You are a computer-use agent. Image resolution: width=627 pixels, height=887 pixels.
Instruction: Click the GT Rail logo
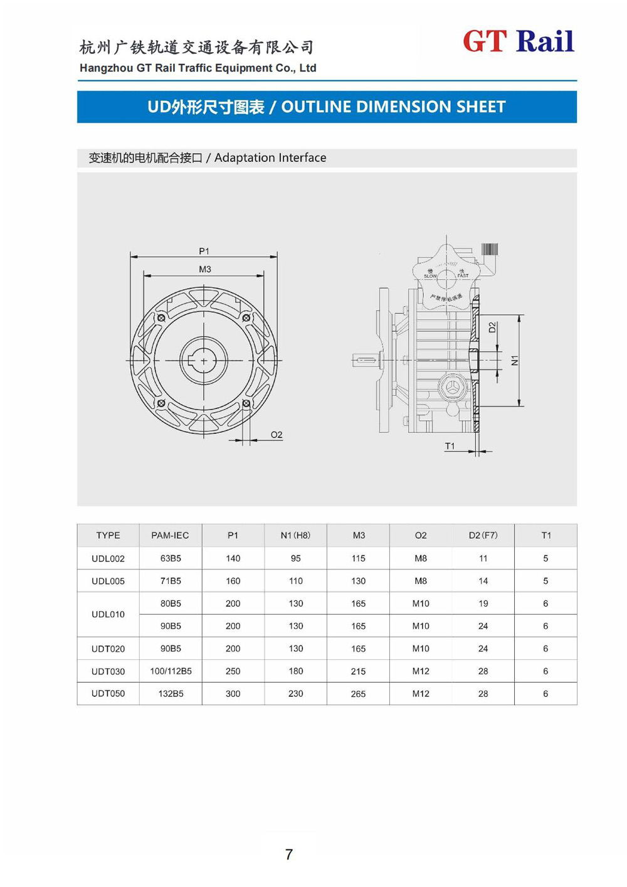click(x=518, y=41)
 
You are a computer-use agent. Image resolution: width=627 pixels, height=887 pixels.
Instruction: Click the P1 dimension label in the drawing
click(x=204, y=251)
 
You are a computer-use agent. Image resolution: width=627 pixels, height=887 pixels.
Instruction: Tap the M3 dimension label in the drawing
click(x=204, y=269)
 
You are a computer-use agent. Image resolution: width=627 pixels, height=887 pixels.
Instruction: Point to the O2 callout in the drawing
click(x=276, y=435)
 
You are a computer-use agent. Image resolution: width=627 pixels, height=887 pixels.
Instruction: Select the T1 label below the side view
click(x=450, y=446)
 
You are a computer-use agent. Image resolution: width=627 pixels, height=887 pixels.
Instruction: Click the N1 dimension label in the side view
click(x=515, y=360)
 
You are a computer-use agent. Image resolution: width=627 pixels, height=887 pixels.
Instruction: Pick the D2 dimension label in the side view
click(x=492, y=327)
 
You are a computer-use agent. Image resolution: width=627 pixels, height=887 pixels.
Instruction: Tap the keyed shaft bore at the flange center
click(x=203, y=361)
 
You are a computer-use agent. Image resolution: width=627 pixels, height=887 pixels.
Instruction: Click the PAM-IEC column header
click(x=170, y=535)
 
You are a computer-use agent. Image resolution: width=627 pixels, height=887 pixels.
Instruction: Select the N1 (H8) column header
click(x=295, y=535)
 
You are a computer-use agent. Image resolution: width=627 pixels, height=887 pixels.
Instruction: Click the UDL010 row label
click(x=108, y=614)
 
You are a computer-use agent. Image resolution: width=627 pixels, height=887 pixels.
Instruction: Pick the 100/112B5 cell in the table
click(x=171, y=671)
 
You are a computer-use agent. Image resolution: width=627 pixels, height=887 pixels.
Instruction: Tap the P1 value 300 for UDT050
click(x=233, y=694)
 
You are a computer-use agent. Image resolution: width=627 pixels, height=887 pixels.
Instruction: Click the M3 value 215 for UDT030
click(x=358, y=671)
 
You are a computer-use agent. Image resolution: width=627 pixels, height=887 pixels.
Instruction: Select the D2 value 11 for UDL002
click(x=483, y=558)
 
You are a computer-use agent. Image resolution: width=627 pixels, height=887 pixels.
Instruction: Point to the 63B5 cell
click(x=171, y=558)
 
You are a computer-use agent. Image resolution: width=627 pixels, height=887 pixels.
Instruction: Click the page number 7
click(x=289, y=854)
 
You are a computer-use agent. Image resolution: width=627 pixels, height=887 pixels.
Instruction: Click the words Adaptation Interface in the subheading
click(x=270, y=158)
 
